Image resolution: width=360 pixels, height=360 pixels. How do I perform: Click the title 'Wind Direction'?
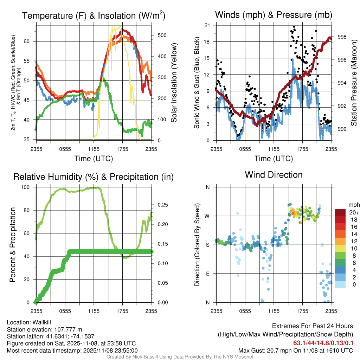[274, 175]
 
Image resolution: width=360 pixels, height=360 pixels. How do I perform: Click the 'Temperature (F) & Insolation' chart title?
[94, 16]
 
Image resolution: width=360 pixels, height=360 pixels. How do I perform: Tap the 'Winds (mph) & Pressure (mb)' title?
[274, 15]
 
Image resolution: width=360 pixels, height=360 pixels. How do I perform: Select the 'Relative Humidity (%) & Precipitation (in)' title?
[94, 177]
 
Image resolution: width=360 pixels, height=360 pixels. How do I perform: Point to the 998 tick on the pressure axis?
[342, 37]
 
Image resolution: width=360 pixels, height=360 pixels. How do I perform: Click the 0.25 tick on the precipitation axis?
[161, 205]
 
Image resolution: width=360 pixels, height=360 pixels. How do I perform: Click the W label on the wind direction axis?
[207, 216]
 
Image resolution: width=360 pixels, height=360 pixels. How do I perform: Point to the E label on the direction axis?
[208, 274]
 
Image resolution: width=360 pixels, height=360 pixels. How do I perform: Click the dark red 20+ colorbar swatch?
[340, 213]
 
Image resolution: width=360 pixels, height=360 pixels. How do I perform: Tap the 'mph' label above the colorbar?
[353, 205]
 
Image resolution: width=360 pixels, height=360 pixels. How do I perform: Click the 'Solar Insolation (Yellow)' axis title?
[174, 83]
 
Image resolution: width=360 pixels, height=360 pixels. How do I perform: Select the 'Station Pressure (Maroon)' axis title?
[354, 83]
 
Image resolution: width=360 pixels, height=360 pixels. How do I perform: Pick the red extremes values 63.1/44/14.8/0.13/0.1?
[323, 343]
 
